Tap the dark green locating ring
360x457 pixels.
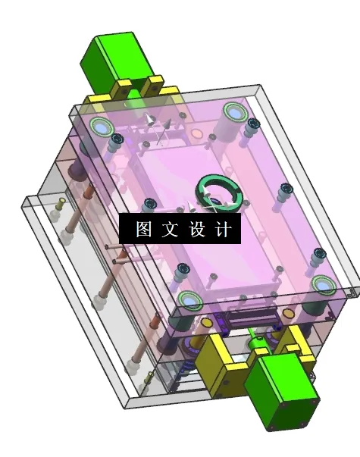point(219,193)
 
